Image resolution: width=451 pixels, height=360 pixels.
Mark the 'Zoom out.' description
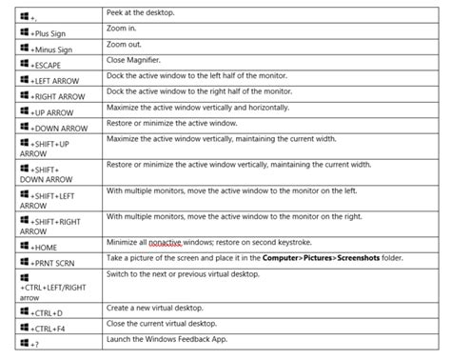123,44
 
